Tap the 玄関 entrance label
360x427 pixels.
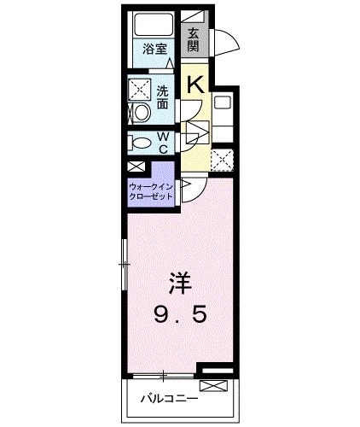195,38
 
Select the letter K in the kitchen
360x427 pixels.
195,84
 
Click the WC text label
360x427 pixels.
162,142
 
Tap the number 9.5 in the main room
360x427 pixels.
181,316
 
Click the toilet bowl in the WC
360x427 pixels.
142,143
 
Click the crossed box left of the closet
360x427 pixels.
135,167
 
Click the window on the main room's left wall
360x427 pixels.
125,265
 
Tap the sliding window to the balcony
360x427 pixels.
162,376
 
